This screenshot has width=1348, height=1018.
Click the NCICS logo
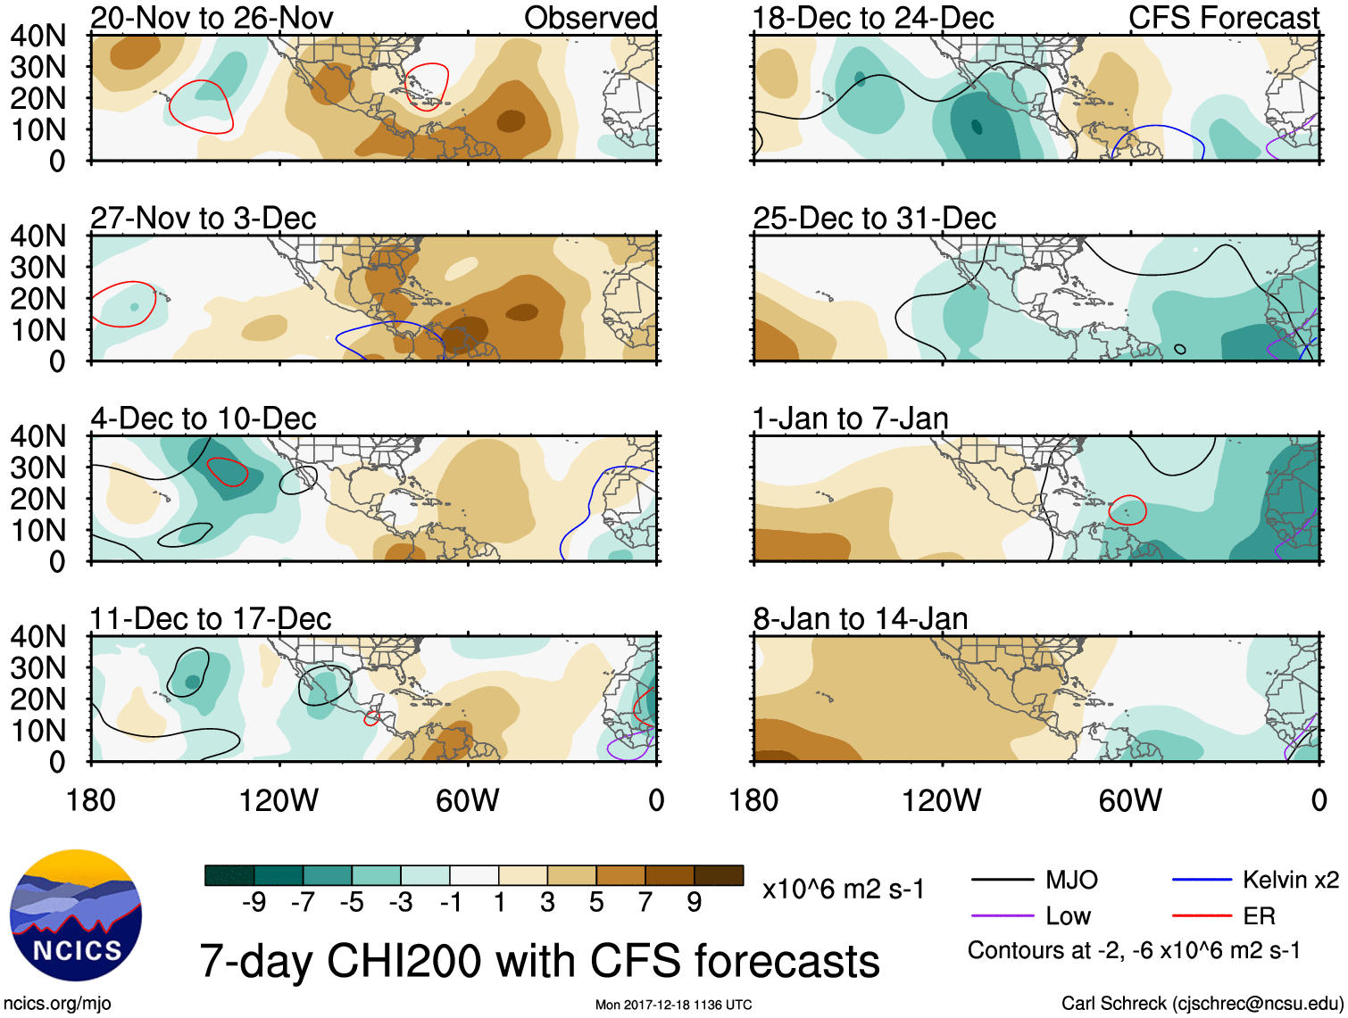point(75,915)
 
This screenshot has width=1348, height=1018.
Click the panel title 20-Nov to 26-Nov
point(212,18)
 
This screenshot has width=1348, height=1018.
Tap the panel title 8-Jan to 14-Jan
point(860,618)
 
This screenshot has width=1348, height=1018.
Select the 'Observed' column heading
point(590,18)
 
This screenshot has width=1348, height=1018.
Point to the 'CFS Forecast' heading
point(1223,18)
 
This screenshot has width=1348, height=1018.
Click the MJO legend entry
point(1071,881)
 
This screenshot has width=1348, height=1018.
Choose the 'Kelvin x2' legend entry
point(1290,881)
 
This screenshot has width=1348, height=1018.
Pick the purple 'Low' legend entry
point(1068,916)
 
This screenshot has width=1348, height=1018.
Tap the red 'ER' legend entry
point(1259,916)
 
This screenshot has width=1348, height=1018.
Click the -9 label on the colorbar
point(254,903)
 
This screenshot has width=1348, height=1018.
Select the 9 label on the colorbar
point(694,903)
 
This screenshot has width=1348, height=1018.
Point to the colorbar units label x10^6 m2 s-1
point(843,890)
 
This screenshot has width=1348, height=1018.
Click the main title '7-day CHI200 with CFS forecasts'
point(539,961)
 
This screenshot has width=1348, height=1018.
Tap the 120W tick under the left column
point(279,800)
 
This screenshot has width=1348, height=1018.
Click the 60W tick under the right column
point(1130,800)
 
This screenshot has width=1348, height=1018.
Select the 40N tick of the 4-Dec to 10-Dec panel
point(37,436)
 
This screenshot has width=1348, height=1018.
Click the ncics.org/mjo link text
point(57,1003)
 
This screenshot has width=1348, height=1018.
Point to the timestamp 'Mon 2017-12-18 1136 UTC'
point(673,1005)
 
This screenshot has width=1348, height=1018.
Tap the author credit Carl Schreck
point(1202,1003)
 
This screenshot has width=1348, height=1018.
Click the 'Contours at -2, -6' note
point(1134,951)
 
